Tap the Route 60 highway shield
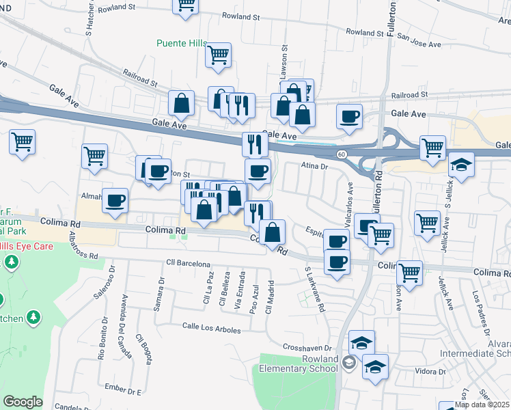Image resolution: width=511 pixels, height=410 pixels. (342, 155)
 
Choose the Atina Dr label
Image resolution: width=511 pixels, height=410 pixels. (315, 165)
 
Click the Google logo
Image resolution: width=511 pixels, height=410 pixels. (23, 402)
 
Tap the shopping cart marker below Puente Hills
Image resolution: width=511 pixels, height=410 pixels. (218, 55)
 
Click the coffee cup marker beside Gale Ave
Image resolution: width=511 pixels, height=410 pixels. (349, 116)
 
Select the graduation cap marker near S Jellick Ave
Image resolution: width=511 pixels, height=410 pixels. (461, 165)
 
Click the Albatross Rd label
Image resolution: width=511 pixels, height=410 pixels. (83, 246)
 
